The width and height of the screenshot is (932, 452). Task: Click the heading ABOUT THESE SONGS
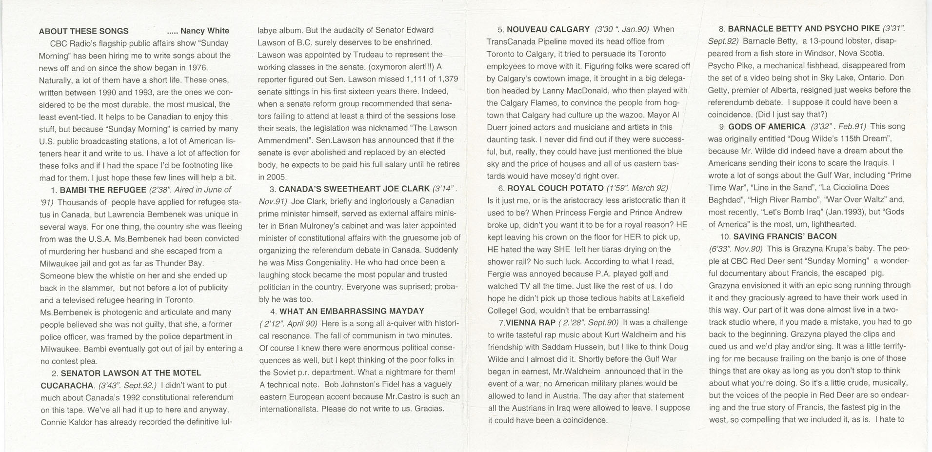click(x=84, y=31)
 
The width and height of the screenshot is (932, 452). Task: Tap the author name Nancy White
click(x=204, y=31)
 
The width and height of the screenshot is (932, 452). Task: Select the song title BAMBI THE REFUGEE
click(x=102, y=190)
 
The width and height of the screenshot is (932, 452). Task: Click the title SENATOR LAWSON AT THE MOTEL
click(x=131, y=373)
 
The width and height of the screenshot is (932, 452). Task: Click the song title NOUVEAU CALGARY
click(x=548, y=29)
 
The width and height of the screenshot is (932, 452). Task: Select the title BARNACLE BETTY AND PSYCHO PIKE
click(x=804, y=28)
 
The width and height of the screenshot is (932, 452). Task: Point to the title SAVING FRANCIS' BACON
click(x=785, y=236)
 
